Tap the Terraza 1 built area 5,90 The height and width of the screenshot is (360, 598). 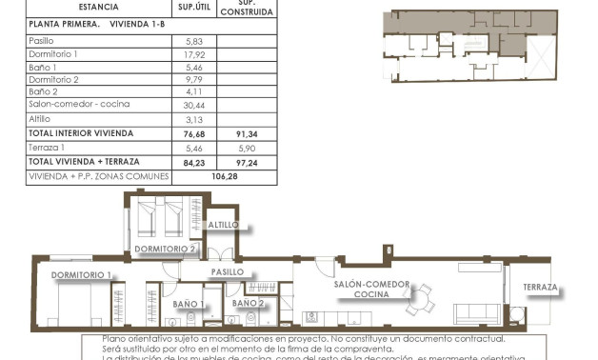pos(246,149)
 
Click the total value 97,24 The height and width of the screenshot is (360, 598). pos(246,162)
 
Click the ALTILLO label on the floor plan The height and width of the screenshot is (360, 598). pos(224,225)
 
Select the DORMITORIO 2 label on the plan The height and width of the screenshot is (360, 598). pos(166,249)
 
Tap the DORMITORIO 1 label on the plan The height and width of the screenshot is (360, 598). pos(82,275)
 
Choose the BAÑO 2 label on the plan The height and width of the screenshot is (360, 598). pos(249,303)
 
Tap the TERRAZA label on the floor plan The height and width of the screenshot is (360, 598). pos(540,287)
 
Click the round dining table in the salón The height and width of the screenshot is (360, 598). pos(418,298)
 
